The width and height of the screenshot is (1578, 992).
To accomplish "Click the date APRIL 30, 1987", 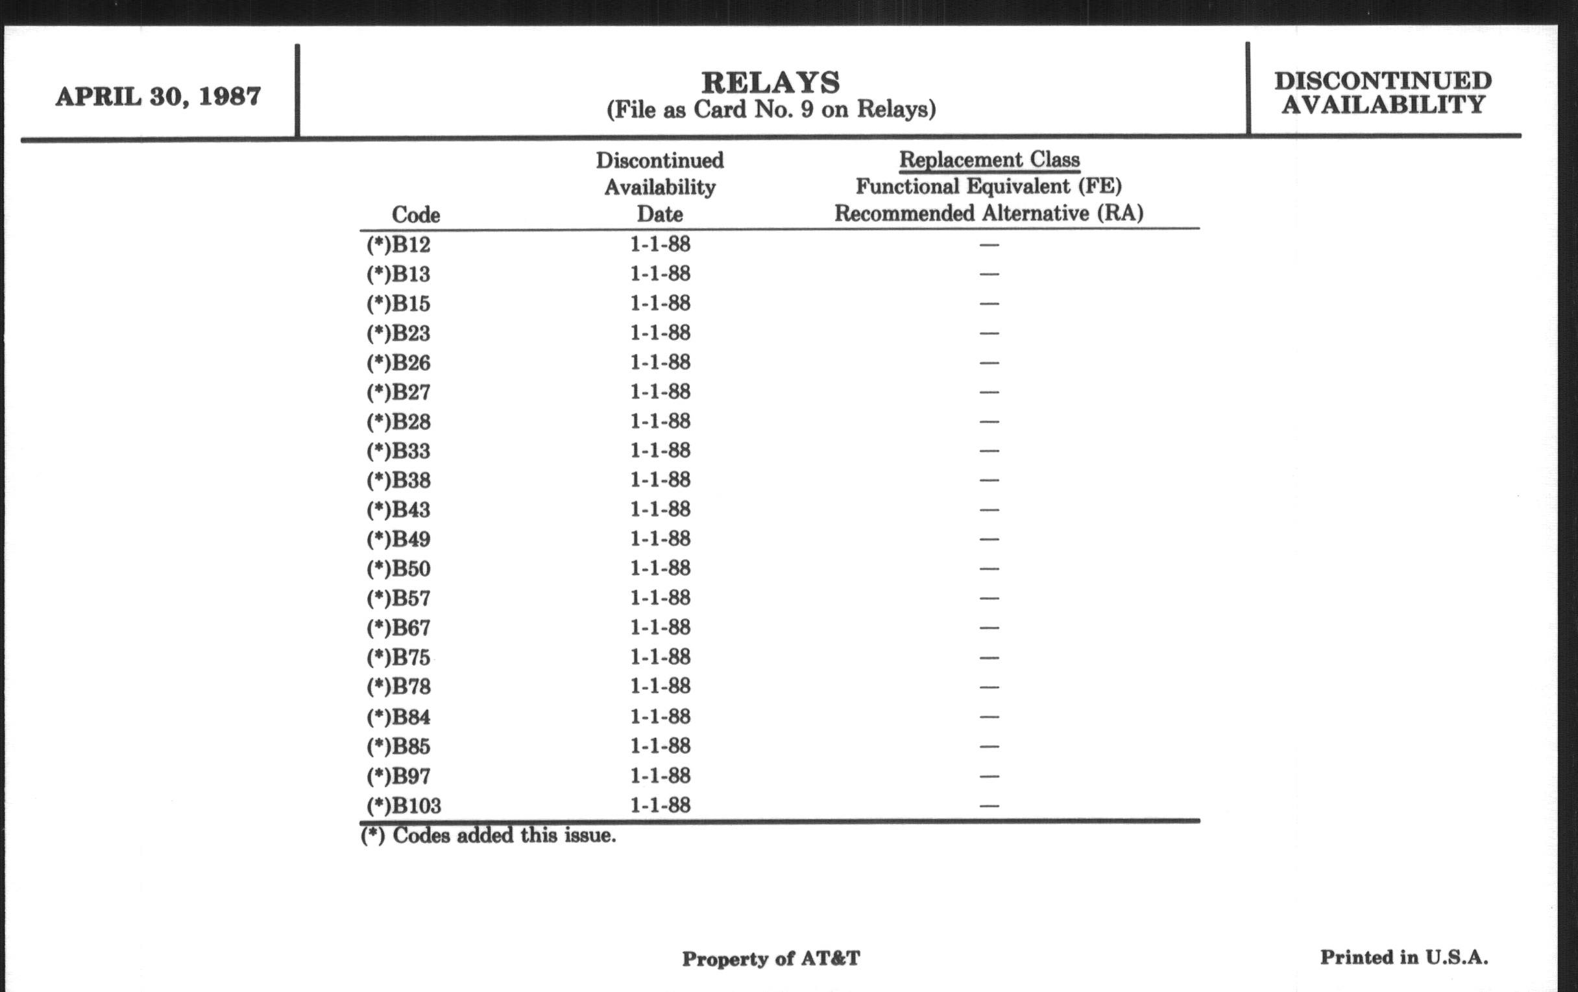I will tap(158, 97).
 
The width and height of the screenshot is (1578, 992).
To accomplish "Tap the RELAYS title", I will tap(771, 82).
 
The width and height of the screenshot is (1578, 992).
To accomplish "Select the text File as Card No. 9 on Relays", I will tap(771, 110).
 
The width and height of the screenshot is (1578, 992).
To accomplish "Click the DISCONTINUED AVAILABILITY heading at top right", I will tap(1383, 92).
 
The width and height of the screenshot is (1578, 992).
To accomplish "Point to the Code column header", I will tap(415, 215).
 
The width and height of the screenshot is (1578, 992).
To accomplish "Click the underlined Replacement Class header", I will tap(989, 159).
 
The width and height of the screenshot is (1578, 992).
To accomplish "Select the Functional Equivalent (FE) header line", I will tap(989, 187).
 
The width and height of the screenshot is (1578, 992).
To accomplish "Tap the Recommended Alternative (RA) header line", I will tap(989, 213).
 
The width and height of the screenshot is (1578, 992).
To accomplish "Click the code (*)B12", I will tap(398, 245).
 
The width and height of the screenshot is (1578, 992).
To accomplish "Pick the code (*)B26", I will tap(398, 362).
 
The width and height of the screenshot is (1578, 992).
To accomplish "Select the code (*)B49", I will tap(398, 539).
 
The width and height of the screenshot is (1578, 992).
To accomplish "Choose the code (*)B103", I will tap(404, 805).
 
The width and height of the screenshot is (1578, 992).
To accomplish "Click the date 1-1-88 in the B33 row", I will tap(660, 451).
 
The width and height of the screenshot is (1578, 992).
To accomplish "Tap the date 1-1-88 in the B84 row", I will tap(660, 716).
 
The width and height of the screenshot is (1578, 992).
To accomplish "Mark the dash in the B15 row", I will tap(989, 304).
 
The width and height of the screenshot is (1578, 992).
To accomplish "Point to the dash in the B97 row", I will tap(989, 777).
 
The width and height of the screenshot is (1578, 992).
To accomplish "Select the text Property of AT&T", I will tap(771, 958).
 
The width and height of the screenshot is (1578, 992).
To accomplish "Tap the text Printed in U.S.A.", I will tap(1403, 957).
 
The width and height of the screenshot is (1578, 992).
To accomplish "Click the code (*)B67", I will tap(398, 628).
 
